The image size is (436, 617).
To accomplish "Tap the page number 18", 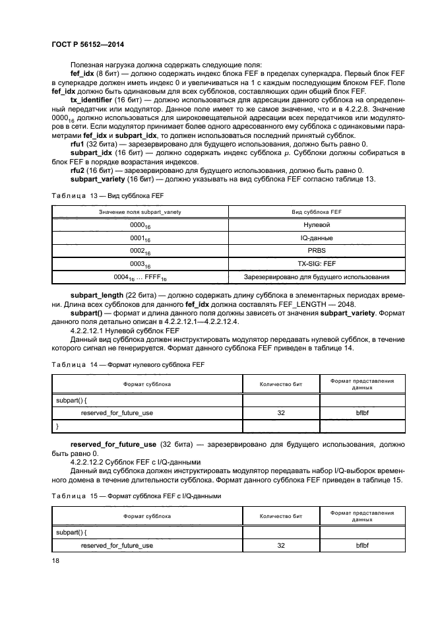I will [x=55, y=560].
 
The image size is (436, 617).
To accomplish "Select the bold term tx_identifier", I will [x=92, y=99].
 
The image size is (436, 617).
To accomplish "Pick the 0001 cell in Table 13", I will [x=140, y=238].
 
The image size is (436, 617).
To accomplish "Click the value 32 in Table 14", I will [x=281, y=412].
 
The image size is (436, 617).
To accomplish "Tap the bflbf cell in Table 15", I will [x=362, y=546].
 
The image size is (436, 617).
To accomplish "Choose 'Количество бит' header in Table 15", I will [x=281, y=517].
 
